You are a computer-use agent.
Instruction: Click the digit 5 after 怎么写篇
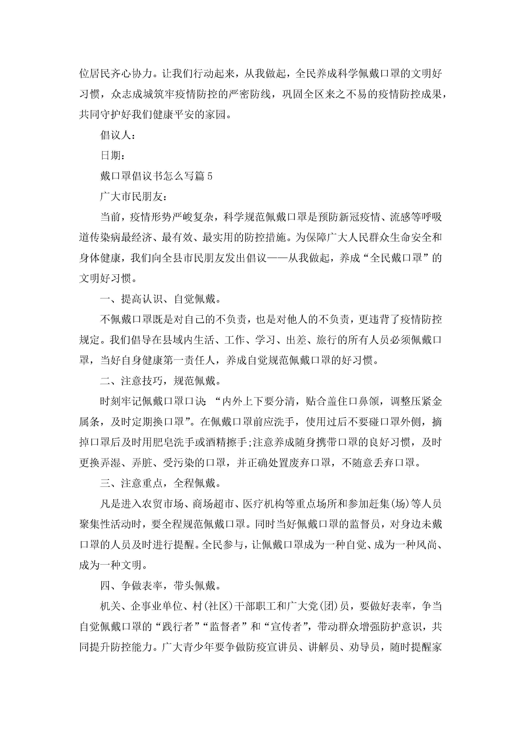point(210,176)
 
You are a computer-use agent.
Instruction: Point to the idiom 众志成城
point(132,94)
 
